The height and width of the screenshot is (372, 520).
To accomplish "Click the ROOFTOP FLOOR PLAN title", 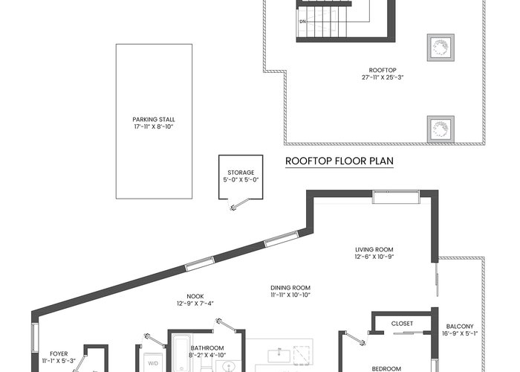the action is point(339,161).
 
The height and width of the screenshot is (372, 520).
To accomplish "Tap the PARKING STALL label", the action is point(154,120).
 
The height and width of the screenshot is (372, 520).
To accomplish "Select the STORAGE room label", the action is point(241,173).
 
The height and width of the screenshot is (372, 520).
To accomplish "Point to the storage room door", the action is point(240,205).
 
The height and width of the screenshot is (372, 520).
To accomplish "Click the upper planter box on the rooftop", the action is point(441,48).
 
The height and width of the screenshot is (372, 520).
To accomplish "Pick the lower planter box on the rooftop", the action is point(441,129).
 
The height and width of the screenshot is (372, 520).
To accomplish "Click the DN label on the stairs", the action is point(303,22).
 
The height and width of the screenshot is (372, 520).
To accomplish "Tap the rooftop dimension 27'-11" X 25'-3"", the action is point(383,77).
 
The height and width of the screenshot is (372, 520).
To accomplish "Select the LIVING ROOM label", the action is point(374,249).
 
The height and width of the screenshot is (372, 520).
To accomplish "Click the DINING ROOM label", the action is point(290,288).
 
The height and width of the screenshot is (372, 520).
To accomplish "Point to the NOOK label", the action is point(195,296).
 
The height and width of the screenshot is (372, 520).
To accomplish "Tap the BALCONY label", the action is point(460,327).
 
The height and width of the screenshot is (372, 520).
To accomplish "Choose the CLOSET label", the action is point(402,324).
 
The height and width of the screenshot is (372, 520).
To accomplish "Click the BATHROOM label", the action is point(207,348).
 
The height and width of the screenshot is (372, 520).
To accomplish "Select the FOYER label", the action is point(59,354).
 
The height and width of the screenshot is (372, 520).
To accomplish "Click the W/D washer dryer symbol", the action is point(152,363).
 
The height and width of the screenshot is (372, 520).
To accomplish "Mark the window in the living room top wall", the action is point(396,196).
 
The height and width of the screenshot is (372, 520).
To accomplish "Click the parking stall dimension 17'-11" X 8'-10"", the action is point(154,127).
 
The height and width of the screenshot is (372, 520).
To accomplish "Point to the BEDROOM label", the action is point(386,369).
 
